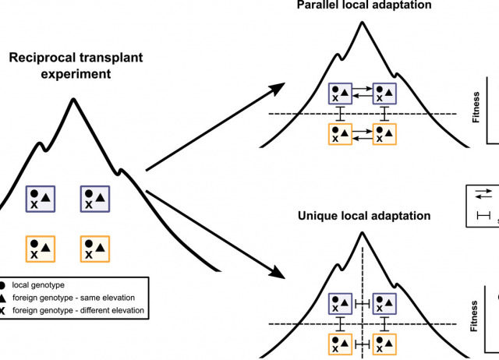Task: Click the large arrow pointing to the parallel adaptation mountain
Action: click(211, 129)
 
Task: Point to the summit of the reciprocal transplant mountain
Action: click(73, 100)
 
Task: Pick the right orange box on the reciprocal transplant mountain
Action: click(94, 249)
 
